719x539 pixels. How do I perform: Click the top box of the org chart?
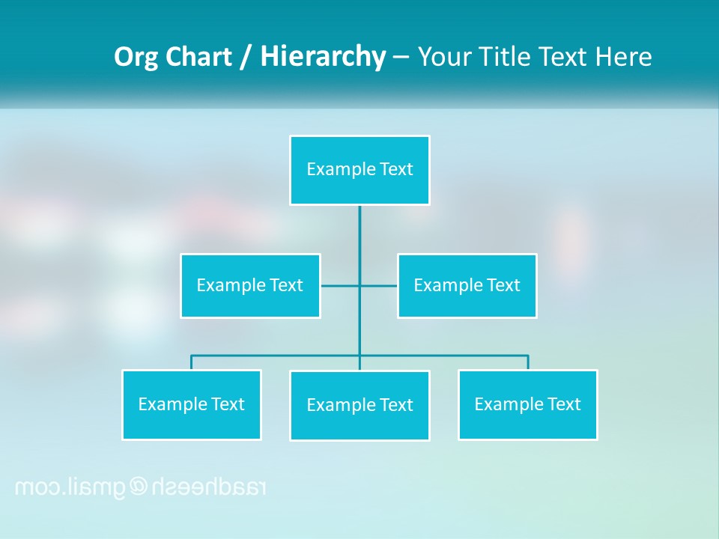pyautogui.click(x=359, y=170)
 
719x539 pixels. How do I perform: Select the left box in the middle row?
pyautogui.click(x=250, y=285)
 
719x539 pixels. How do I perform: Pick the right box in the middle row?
pyautogui.click(x=467, y=285)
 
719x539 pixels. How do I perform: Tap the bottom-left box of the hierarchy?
pyautogui.click(x=191, y=404)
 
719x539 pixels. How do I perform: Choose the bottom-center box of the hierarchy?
pyautogui.click(x=359, y=405)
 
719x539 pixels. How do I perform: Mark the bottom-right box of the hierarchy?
pyautogui.click(x=527, y=404)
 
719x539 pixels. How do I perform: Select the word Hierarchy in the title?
pyautogui.click(x=323, y=57)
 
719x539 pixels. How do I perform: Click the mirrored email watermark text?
pyautogui.click(x=141, y=487)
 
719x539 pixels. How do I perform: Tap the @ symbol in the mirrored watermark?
pyautogui.click(x=140, y=487)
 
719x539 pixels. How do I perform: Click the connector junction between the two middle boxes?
pyautogui.click(x=359, y=285)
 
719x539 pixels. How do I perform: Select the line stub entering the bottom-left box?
pyautogui.click(x=191, y=362)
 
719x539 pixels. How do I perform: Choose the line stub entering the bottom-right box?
pyautogui.click(x=528, y=362)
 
